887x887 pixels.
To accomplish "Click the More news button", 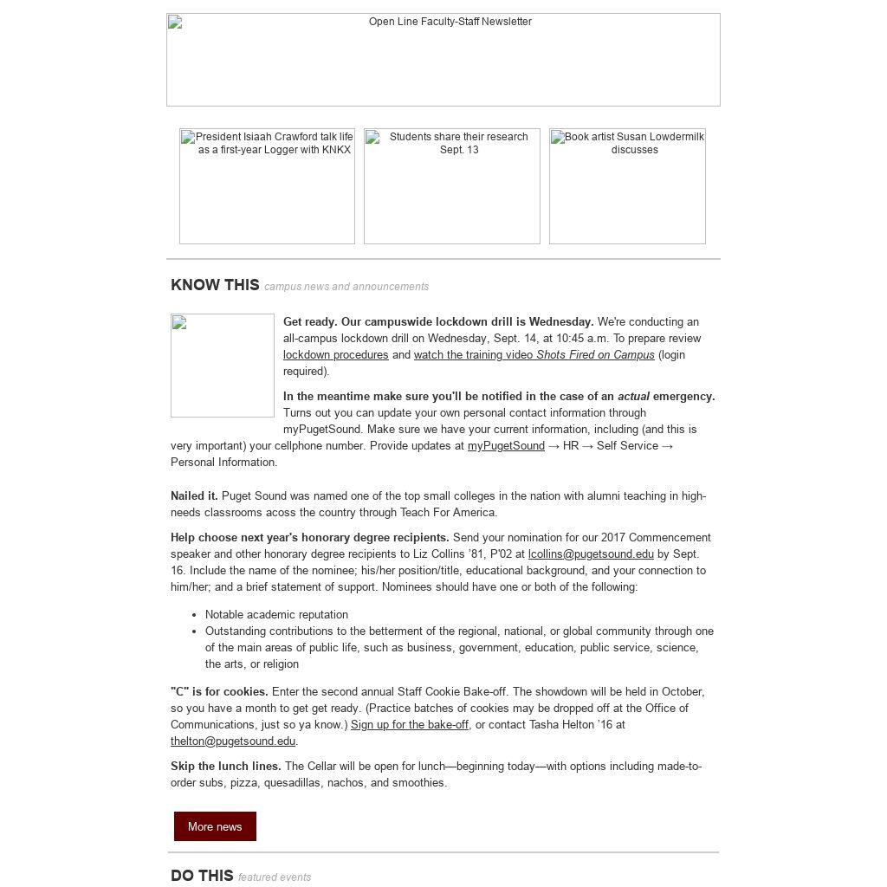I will click(215, 826).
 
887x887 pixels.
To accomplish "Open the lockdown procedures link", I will click(335, 355).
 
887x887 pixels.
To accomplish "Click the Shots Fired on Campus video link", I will click(534, 355).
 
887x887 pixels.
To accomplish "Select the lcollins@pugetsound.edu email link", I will click(591, 554).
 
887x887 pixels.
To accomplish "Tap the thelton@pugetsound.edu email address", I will click(233, 741).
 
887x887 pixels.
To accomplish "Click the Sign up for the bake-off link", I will click(410, 725).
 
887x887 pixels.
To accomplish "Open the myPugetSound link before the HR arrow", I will click(506, 446).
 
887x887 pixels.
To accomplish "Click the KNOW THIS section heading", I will click(215, 285).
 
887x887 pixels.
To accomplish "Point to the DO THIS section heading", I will click(202, 876).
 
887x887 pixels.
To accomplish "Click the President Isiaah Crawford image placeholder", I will click(267, 186).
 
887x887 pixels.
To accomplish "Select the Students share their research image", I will click(451, 186).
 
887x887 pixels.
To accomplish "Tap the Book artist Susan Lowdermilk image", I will click(627, 186).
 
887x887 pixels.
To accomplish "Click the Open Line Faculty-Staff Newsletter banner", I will click(443, 60).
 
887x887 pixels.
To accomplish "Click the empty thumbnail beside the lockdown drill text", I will click(223, 366).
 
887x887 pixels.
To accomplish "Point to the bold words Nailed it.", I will click(194, 496).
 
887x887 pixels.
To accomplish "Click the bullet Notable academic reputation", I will click(276, 615).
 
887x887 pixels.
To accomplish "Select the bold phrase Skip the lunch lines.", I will click(226, 767).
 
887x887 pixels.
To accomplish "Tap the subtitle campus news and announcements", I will click(346, 287).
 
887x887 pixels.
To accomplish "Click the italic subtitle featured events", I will click(275, 877).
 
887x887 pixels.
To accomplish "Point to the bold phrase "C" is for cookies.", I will click(219, 692).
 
